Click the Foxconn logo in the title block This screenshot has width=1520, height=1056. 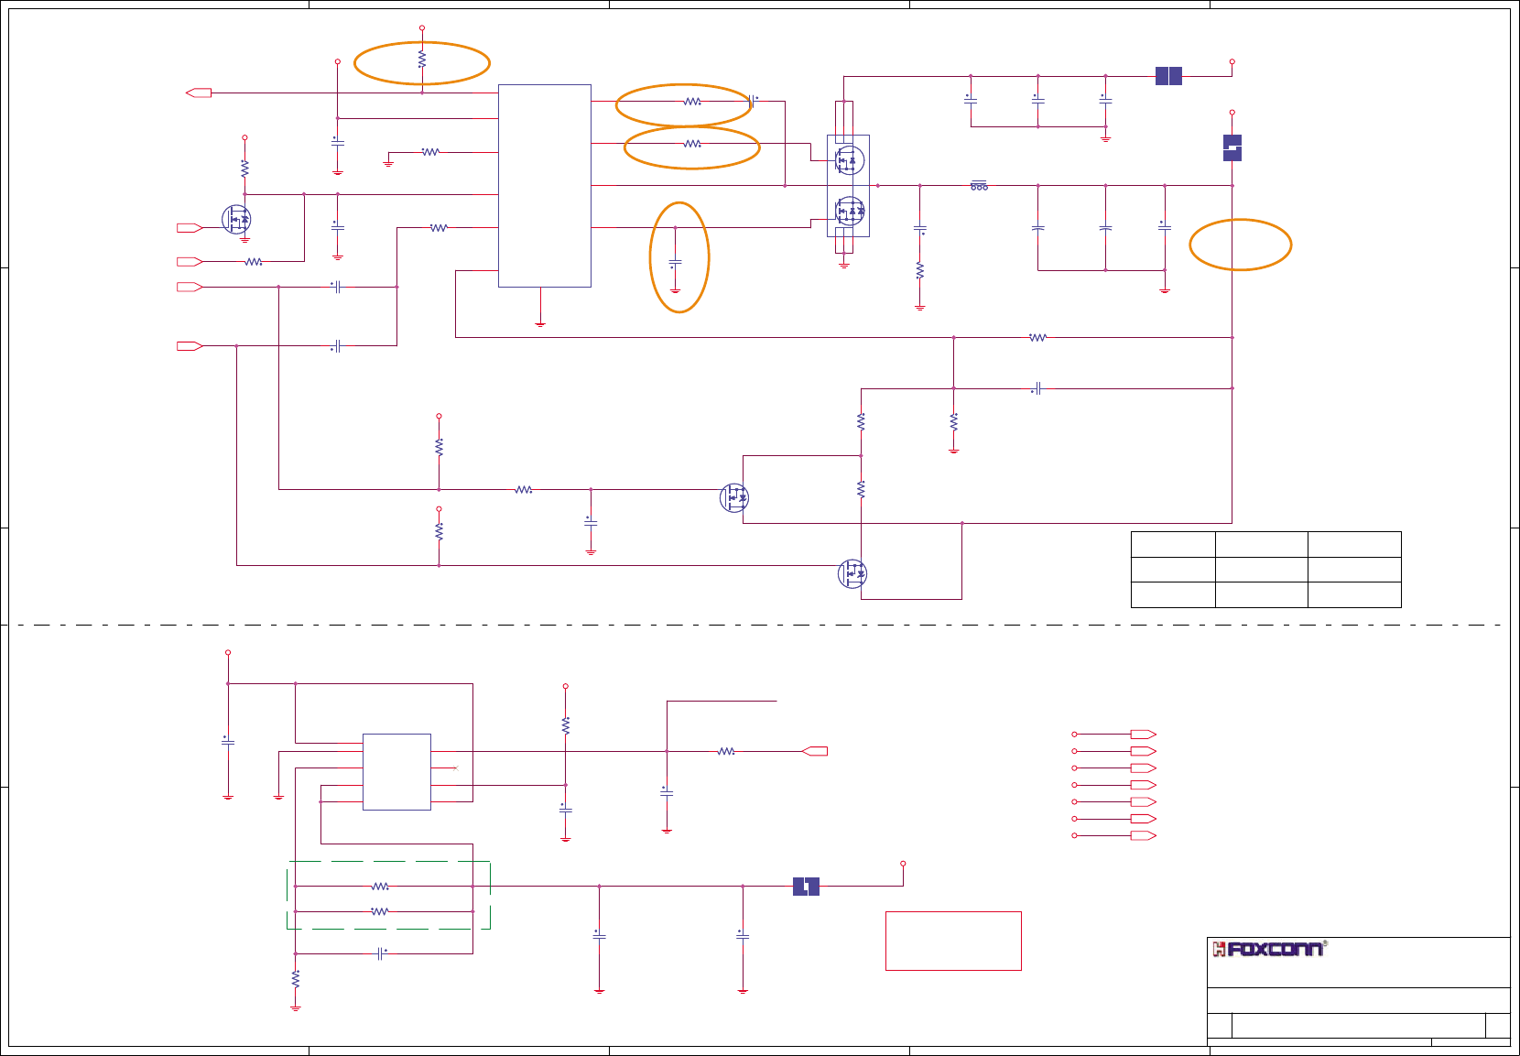tap(1268, 950)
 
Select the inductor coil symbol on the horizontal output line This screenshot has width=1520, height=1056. tap(979, 186)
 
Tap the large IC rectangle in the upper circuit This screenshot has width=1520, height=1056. tap(544, 186)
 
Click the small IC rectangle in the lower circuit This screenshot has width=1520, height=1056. tap(396, 771)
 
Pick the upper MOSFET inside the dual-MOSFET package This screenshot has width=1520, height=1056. tap(849, 161)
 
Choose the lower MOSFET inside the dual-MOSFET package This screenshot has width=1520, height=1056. tap(849, 212)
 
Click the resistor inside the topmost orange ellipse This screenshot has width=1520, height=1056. tap(421, 60)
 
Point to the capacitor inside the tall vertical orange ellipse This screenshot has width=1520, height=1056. tap(675, 264)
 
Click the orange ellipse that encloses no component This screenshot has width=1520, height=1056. tap(1241, 245)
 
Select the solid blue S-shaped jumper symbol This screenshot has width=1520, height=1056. tap(1232, 148)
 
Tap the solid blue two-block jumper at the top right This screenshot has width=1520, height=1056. tap(1168, 76)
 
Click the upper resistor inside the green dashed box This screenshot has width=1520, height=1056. tap(380, 887)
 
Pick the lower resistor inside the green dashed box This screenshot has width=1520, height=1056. tap(380, 911)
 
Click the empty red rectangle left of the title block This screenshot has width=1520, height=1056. tap(953, 941)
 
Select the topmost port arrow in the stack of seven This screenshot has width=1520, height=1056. tap(1143, 735)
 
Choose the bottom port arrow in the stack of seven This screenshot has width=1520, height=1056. tap(1143, 835)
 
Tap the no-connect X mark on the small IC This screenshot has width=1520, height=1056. tap(455, 768)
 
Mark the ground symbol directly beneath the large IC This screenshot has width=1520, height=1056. tap(540, 323)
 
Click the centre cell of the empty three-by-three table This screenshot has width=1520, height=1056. tap(1261, 570)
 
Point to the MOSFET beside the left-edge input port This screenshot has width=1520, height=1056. tap(236, 220)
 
